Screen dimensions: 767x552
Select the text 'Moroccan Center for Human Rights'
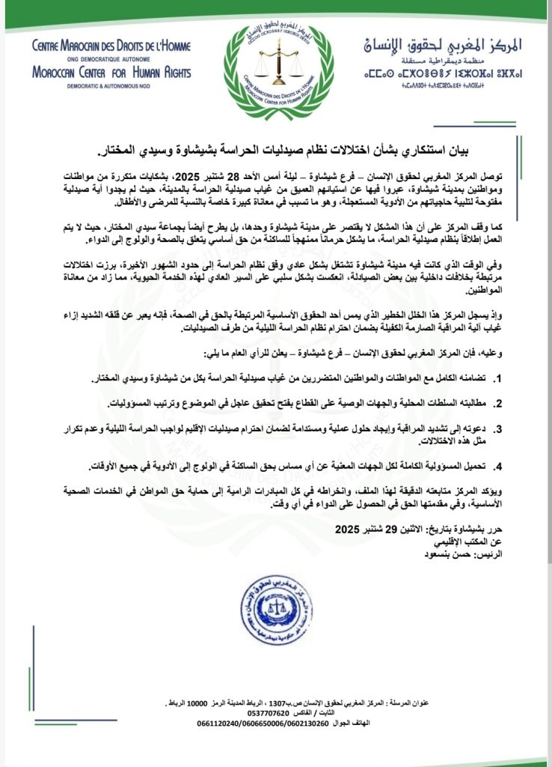pyautogui.click(x=111, y=73)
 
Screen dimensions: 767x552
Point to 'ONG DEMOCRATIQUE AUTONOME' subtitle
pyautogui.click(x=111, y=59)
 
